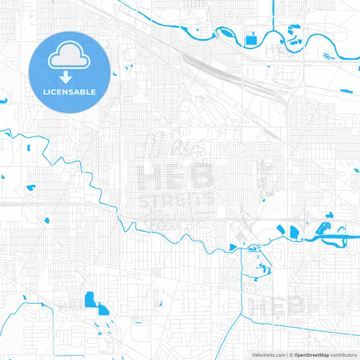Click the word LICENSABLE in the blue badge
pyautogui.click(x=70, y=91)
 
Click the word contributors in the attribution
pyautogui.click(x=343, y=355)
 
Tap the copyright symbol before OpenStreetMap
pyautogui.click(x=290, y=355)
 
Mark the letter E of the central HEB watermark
pyautogui.click(x=177, y=177)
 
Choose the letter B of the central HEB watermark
pyautogui.click(x=202, y=177)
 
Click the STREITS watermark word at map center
pyautogui.click(x=176, y=200)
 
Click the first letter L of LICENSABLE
pyautogui.click(x=45, y=91)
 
